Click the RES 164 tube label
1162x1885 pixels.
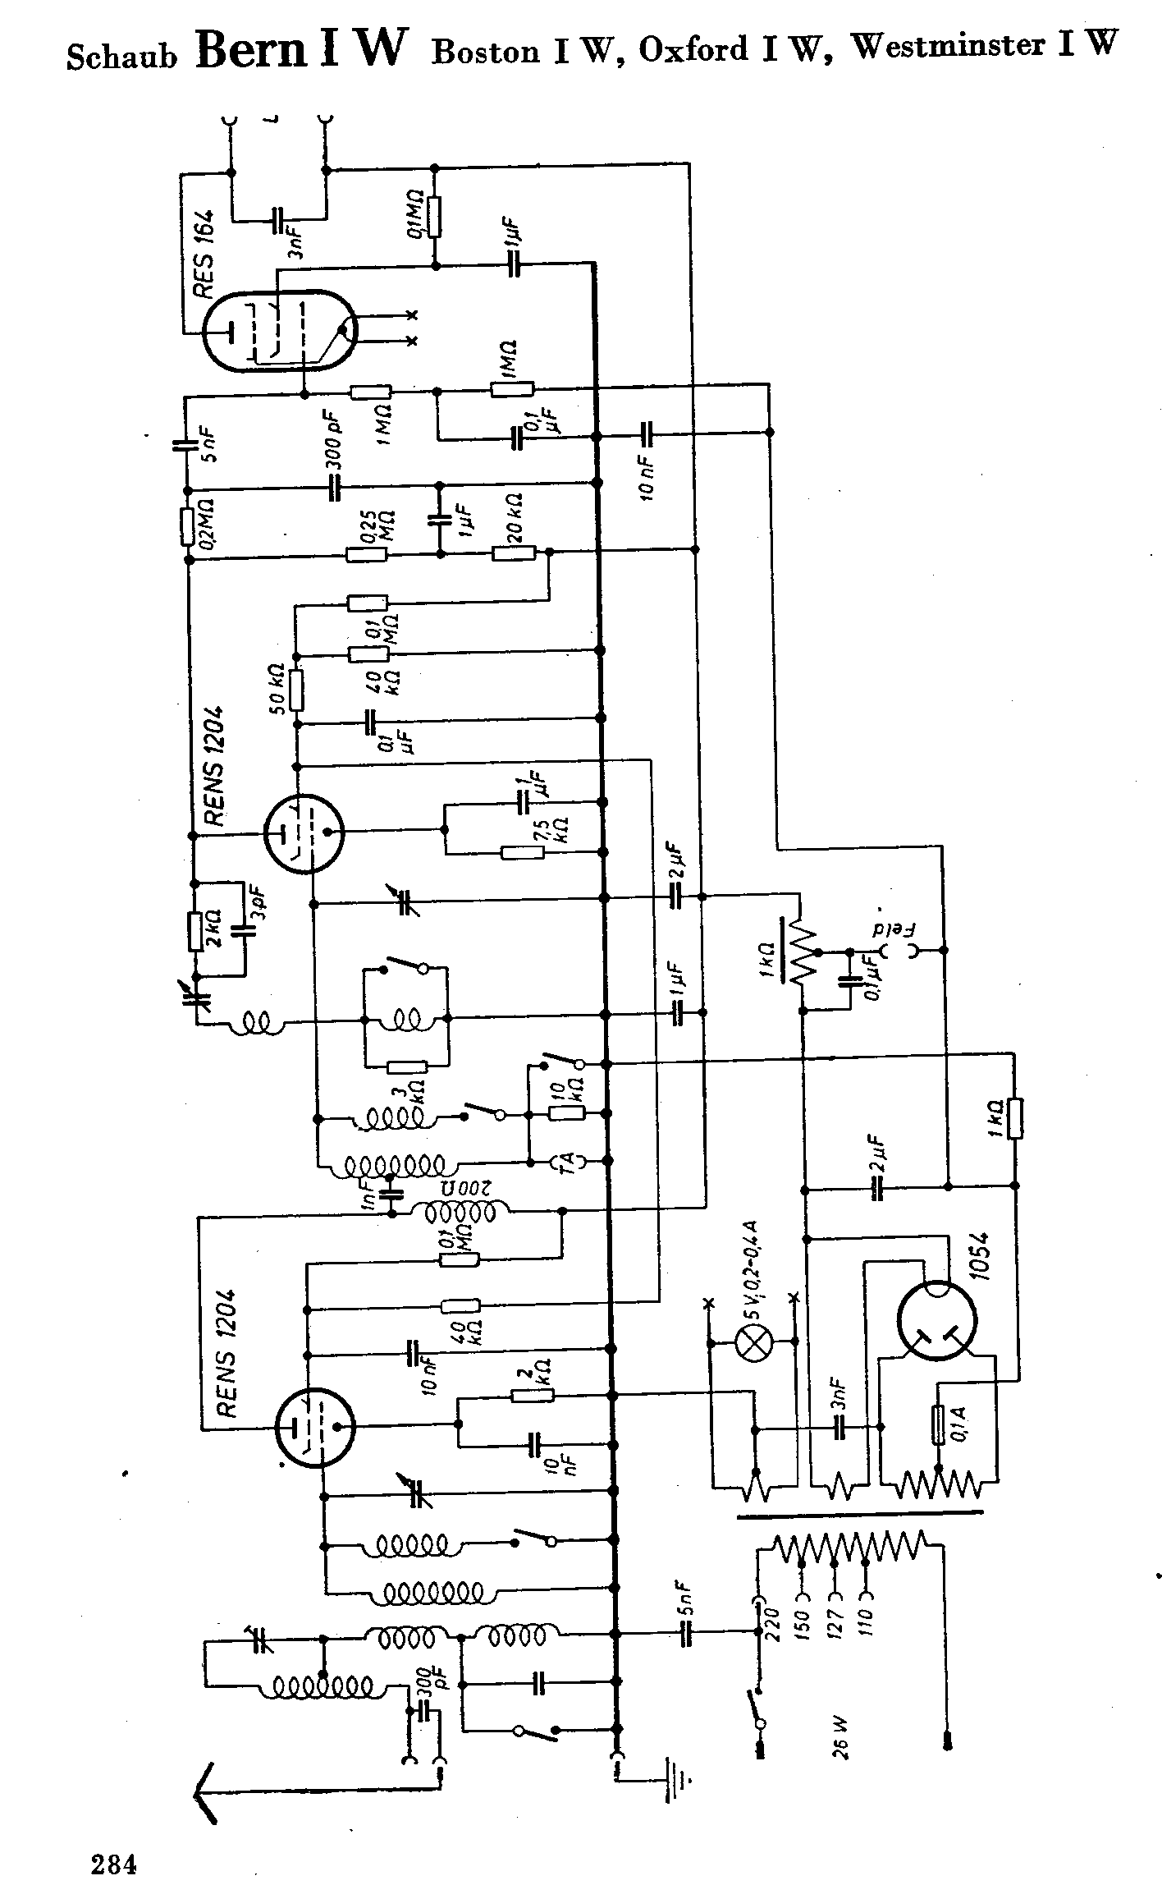click(x=204, y=255)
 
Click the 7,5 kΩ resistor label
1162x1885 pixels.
click(x=563, y=830)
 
